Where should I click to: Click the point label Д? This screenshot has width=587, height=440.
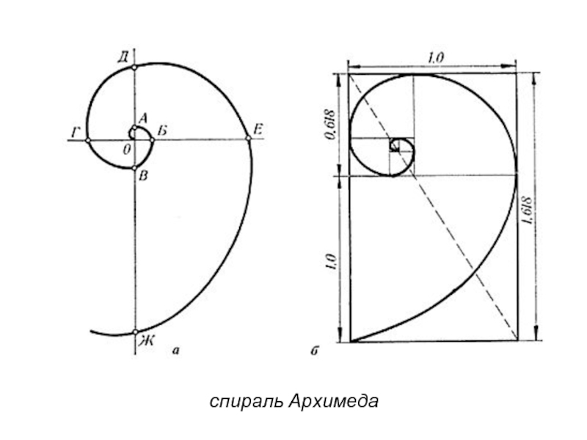(123, 56)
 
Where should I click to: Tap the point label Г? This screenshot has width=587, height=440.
(75, 132)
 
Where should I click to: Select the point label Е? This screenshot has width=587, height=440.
(258, 130)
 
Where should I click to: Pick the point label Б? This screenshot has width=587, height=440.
(162, 131)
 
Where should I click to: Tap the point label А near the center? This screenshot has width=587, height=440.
(143, 117)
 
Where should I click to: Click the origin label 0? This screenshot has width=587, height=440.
(127, 149)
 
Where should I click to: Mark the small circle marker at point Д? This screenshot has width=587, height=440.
(135, 67)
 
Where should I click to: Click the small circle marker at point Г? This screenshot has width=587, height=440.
(87, 140)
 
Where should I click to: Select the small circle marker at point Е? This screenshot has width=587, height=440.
(248, 140)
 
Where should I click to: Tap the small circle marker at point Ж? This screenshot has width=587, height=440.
(135, 332)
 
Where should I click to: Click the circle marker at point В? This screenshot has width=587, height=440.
(135, 168)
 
